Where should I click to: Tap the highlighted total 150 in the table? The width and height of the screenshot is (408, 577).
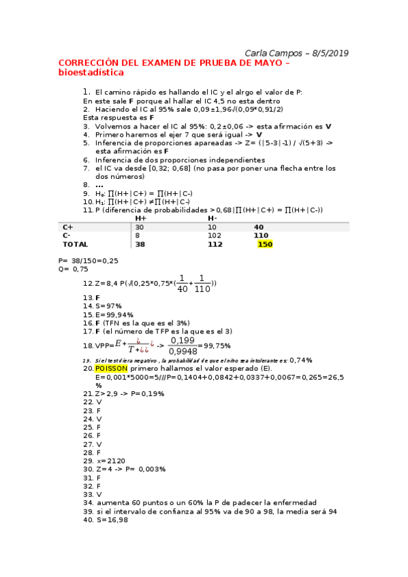pos(265,244)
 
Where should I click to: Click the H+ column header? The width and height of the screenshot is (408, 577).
pos(141,218)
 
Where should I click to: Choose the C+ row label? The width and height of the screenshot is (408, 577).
pos(68,227)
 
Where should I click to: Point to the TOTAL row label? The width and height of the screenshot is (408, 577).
pos(75,244)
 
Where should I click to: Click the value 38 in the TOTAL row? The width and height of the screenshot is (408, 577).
pos(140,244)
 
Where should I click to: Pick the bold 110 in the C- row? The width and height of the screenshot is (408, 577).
pos(262,235)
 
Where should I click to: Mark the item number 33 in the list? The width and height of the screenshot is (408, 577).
pos(87,495)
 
